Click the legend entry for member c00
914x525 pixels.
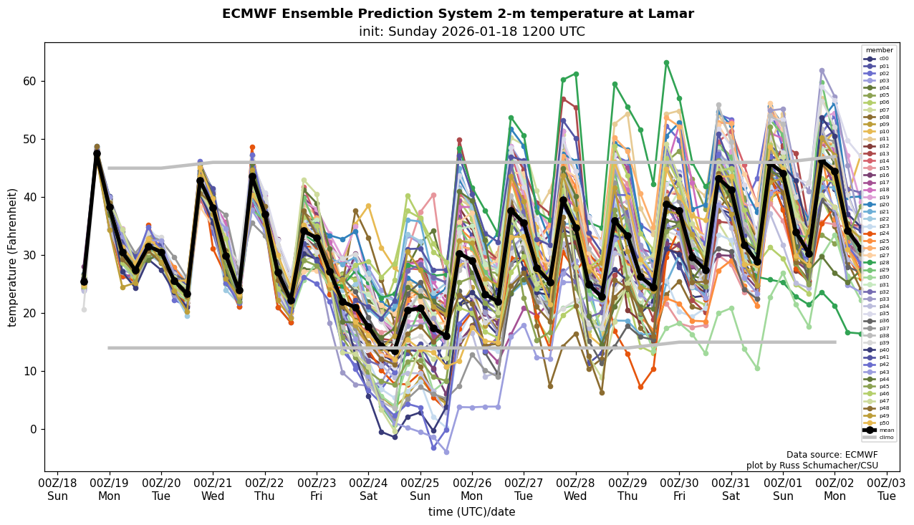(879, 59)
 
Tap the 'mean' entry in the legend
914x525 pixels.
(879, 430)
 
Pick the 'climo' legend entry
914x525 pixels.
(879, 437)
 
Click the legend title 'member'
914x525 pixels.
(879, 50)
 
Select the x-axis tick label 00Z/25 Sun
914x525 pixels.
(420, 489)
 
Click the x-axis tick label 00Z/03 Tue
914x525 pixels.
(887, 489)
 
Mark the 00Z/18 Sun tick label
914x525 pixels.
(57, 489)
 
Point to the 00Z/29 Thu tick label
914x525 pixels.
(627, 489)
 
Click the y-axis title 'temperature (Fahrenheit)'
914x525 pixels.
(13, 257)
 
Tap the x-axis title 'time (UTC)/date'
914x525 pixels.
(471, 512)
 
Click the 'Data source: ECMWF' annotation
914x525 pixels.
(832, 455)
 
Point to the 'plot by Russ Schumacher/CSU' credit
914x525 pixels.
(812, 466)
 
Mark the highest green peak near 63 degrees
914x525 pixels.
(666, 63)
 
